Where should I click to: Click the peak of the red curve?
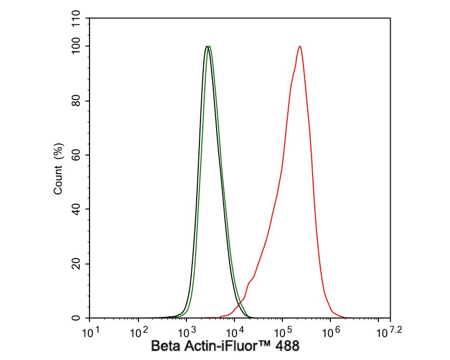click(299, 46)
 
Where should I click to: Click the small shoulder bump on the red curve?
click(251, 280)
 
